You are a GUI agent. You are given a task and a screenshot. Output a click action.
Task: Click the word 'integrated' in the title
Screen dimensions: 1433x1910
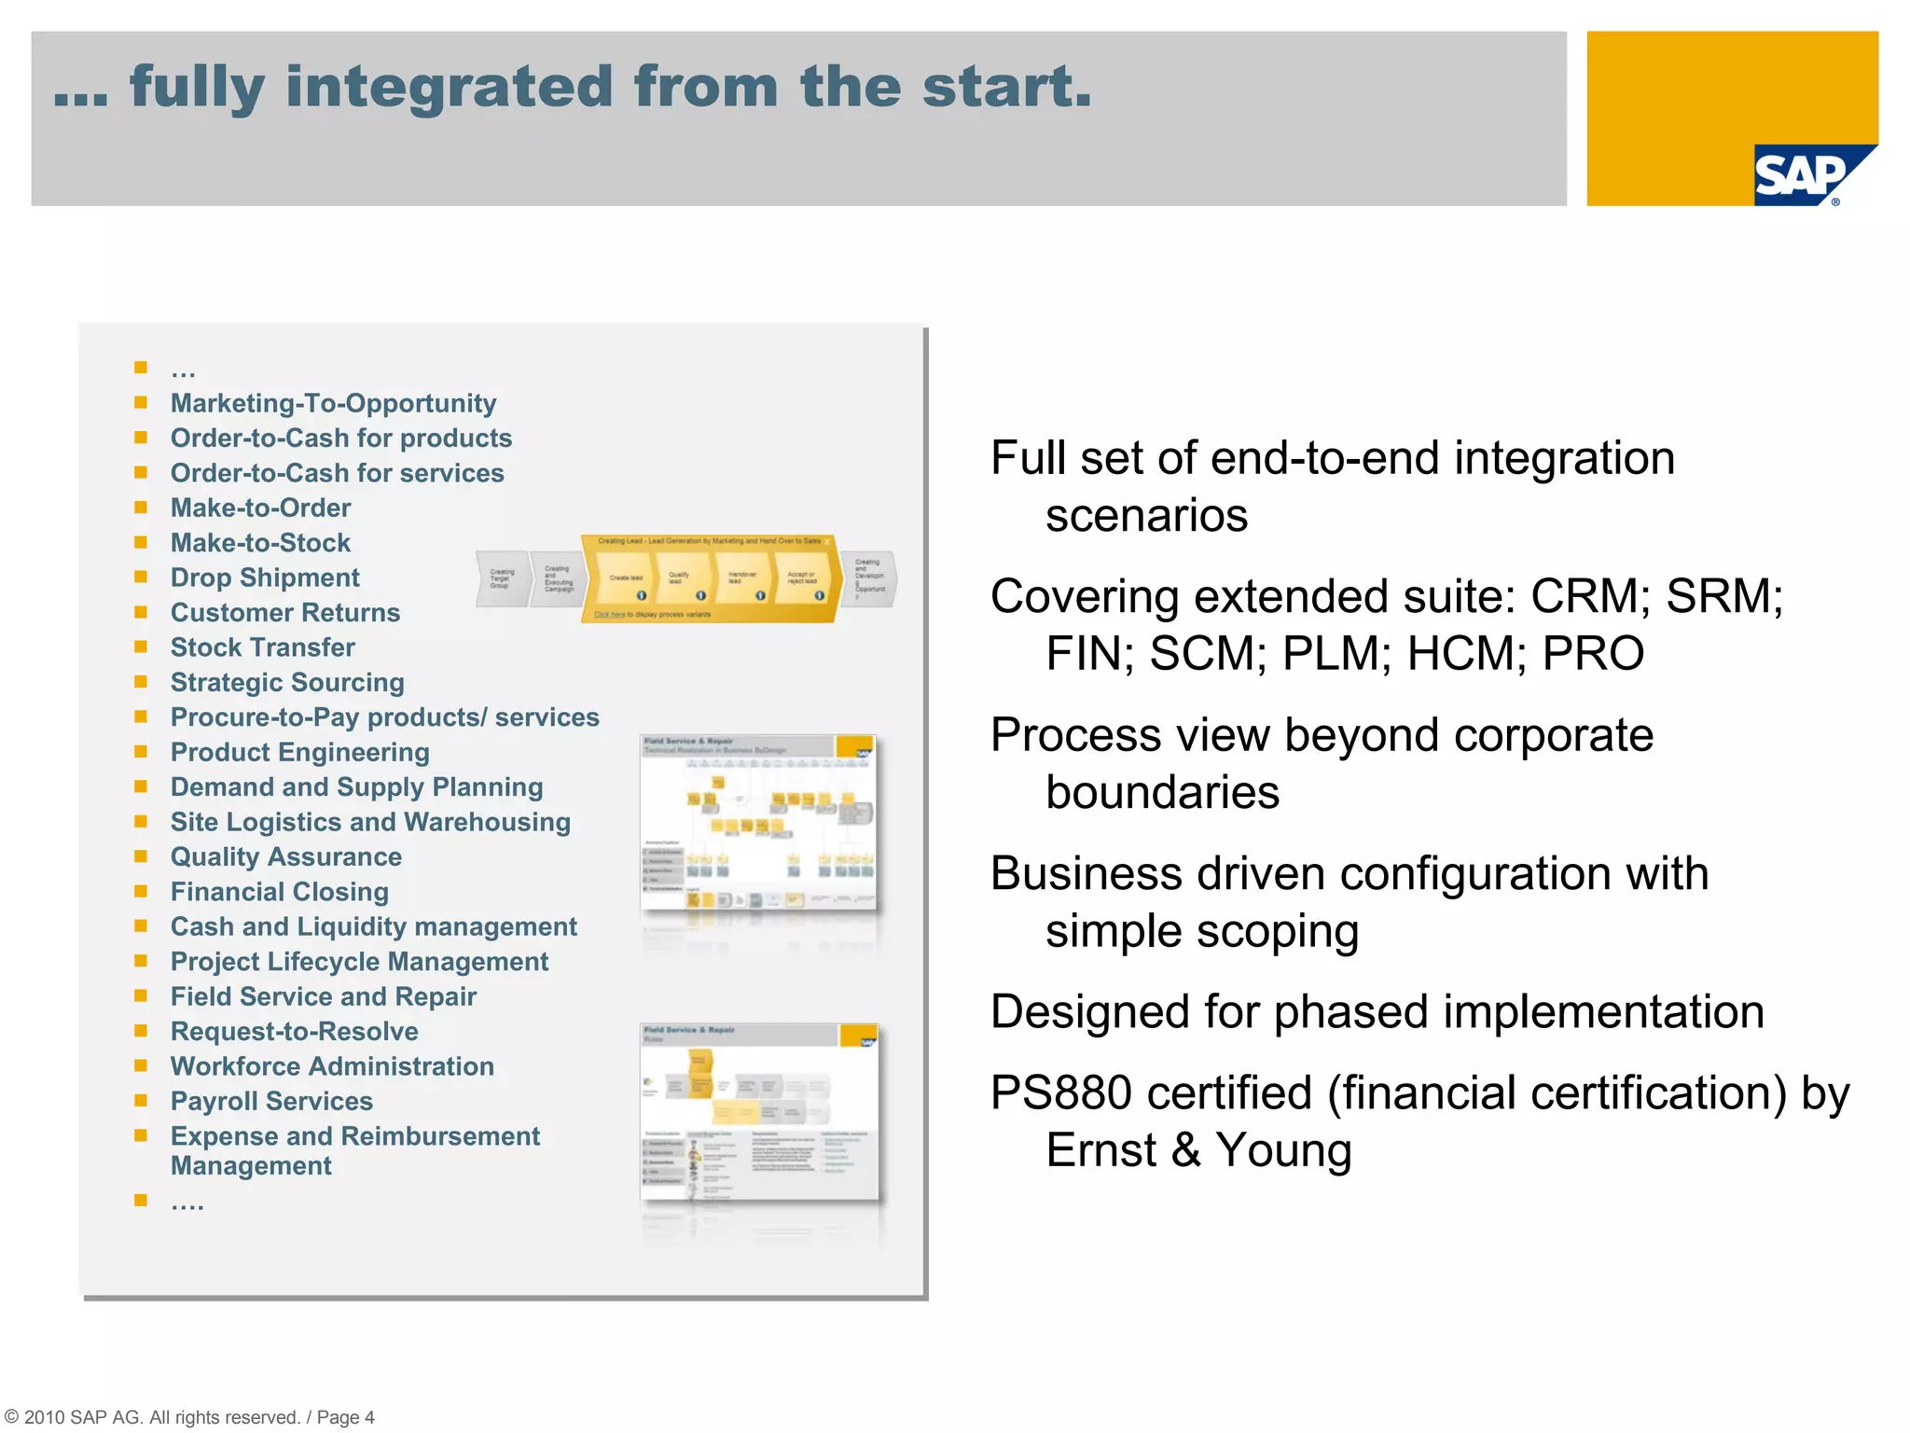(449, 87)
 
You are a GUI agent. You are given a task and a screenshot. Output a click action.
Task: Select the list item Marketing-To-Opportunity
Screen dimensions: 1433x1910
(333, 403)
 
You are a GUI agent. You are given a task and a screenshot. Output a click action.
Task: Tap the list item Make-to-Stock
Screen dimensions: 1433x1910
(260, 543)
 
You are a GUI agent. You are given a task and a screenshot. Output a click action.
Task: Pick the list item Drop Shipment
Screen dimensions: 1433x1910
(265, 577)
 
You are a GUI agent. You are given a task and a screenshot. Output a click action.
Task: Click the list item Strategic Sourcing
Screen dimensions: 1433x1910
(287, 682)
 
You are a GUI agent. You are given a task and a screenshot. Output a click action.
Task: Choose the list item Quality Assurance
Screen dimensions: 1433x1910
(286, 856)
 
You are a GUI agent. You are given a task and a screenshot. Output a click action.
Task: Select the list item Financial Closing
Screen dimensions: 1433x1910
(280, 892)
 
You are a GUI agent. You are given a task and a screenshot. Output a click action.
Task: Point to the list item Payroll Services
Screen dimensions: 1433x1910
(271, 1101)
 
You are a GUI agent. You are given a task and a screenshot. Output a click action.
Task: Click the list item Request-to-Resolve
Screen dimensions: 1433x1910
(294, 1031)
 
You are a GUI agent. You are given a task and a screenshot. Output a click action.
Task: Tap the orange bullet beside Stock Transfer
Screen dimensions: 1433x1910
(141, 647)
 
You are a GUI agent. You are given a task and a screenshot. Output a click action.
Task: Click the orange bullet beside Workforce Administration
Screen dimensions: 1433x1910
(141, 1065)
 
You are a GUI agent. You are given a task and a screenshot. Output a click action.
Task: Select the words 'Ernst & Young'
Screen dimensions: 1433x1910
(1197, 1150)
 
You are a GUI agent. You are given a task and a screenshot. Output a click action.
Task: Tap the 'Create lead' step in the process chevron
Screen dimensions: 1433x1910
(626, 578)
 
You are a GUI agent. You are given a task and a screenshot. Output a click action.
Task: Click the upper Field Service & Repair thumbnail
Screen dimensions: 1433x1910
(758, 822)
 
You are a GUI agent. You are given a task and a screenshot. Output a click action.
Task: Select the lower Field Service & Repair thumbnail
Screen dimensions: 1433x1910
(759, 1111)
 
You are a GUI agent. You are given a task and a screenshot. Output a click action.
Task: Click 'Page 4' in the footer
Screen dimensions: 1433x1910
(345, 1417)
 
